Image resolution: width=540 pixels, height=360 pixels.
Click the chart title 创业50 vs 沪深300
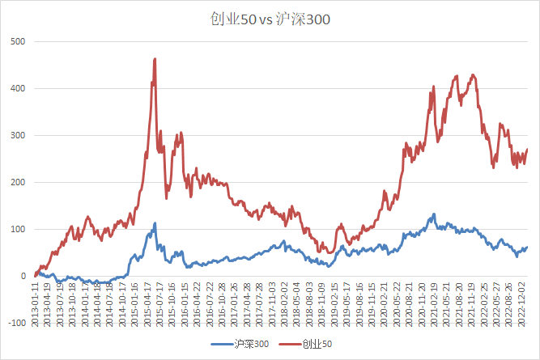(270, 18)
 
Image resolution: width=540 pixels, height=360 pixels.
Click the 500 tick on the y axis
(17, 41)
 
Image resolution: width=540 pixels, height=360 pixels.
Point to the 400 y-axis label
(17, 88)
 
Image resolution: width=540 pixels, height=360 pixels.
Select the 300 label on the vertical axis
(17, 135)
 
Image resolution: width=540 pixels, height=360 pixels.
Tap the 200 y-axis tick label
(17, 182)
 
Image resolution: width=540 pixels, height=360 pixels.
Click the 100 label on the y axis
(17, 229)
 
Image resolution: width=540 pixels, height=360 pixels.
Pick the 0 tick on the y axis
(22, 276)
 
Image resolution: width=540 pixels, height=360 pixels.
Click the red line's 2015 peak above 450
(155, 59)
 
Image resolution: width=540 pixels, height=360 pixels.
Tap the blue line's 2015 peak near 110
(155, 223)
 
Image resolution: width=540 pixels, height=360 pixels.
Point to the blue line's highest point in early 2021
(434, 214)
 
